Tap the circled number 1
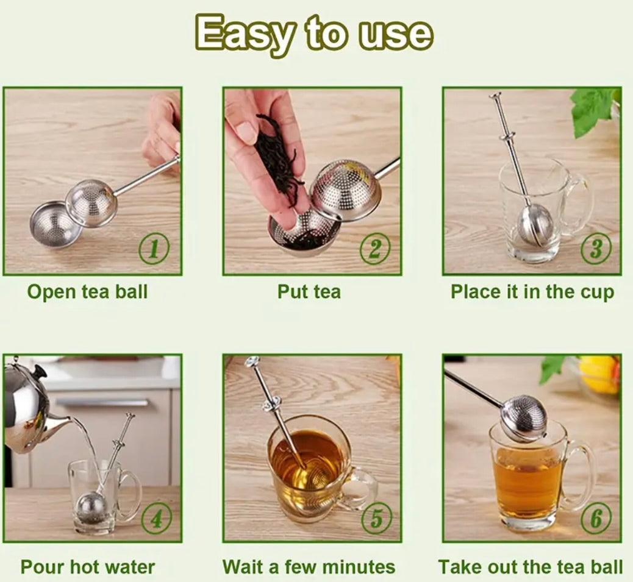pyautogui.click(x=154, y=250)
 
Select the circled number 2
pyautogui.click(x=374, y=250)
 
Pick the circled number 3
pyautogui.click(x=595, y=250)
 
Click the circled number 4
pyautogui.click(x=156, y=519)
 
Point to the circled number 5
pyautogui.click(x=376, y=519)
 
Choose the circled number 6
pyautogui.click(x=595, y=519)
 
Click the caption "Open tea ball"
pyautogui.click(x=88, y=292)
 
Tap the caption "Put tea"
pyautogui.click(x=309, y=292)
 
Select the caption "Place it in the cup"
pyautogui.click(x=532, y=292)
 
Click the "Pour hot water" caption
pyautogui.click(x=88, y=567)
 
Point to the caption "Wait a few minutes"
pyautogui.click(x=309, y=567)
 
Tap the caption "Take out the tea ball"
pyautogui.click(x=531, y=567)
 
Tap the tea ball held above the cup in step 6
pyautogui.click(x=524, y=417)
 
